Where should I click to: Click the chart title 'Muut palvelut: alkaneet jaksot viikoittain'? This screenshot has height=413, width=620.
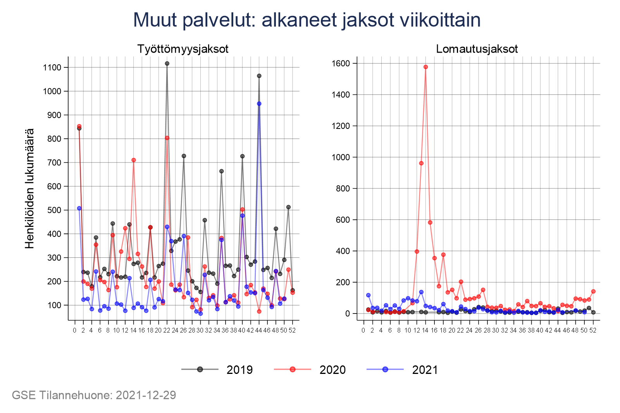[x=307, y=20]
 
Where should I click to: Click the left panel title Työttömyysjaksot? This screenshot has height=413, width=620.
[x=183, y=49]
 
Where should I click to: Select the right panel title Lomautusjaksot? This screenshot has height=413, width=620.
[x=477, y=49]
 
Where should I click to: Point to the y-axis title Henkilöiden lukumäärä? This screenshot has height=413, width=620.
[x=30, y=189]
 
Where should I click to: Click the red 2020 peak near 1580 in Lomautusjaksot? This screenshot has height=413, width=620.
[x=425, y=67]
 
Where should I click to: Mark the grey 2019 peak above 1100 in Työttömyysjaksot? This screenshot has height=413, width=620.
[x=167, y=63]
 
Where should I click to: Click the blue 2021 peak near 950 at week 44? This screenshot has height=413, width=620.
[x=259, y=104]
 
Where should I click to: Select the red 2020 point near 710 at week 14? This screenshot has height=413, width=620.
[x=134, y=160]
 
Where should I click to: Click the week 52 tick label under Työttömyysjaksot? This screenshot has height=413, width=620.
[x=292, y=330]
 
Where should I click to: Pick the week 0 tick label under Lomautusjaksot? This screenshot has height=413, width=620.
[x=363, y=330]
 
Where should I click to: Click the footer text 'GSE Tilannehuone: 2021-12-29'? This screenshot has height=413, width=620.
[x=94, y=395]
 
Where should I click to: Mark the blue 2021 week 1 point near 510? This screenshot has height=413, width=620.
[x=79, y=208]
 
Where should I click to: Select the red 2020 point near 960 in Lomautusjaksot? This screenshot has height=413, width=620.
[x=421, y=163]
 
